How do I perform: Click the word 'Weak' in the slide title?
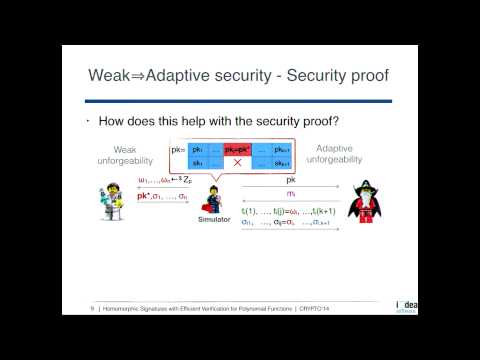coord(110,76)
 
